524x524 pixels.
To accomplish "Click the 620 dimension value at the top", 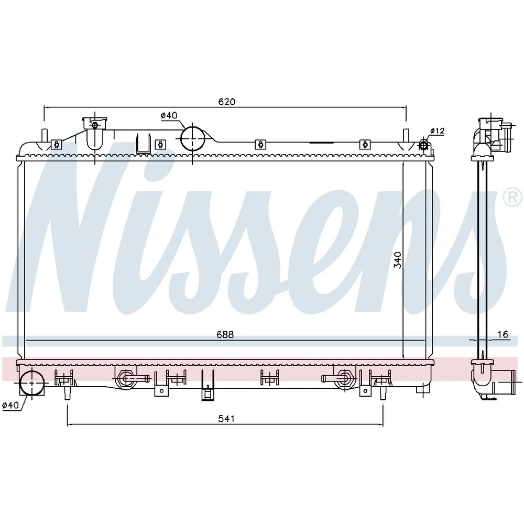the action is (x=226, y=102).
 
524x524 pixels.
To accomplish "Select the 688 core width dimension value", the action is (x=225, y=334).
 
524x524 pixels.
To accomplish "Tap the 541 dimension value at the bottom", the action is (x=226, y=418).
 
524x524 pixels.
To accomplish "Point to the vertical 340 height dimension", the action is (x=397, y=260).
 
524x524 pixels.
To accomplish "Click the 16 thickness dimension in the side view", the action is (x=503, y=334).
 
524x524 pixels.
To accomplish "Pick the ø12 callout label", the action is (x=437, y=130).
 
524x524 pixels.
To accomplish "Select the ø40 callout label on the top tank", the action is (x=169, y=115).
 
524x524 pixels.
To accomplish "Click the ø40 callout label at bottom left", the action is (x=10, y=405).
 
